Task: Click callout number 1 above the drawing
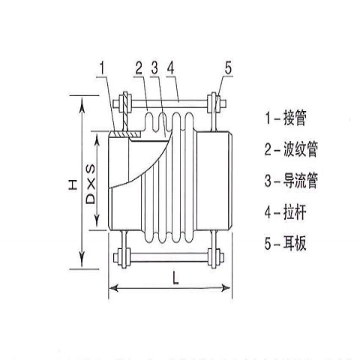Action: tap(102, 67)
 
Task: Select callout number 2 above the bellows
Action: tap(139, 67)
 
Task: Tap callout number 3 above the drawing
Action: tap(154, 67)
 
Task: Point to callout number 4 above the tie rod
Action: tap(170, 67)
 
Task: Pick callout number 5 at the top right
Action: tap(228, 67)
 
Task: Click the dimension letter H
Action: tap(73, 184)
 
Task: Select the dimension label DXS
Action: tap(91, 184)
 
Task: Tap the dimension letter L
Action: tap(175, 278)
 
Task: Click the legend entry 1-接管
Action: tap(286, 118)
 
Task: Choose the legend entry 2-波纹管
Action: tap(292, 149)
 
